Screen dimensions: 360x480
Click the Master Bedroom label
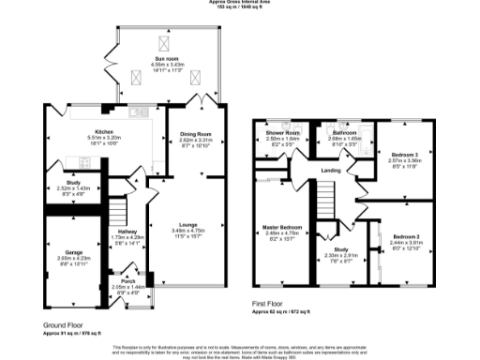(282, 227)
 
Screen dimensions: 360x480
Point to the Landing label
(330, 170)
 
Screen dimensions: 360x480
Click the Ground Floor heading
(67, 324)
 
